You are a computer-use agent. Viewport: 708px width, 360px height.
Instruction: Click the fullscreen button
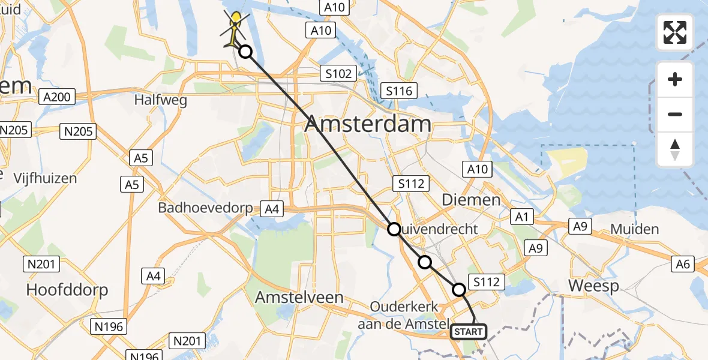675,32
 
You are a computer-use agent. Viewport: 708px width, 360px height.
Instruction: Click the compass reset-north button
675,149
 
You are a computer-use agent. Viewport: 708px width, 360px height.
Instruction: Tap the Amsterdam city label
367,124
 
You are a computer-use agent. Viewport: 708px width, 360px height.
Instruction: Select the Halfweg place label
160,100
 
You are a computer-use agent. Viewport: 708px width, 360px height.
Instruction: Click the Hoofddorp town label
67,290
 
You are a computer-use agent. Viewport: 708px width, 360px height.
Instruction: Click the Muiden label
634,229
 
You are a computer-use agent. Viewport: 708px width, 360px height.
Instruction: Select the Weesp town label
593,286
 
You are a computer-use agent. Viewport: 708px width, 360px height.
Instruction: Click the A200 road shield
57,97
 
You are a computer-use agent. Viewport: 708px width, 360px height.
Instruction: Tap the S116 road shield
399,91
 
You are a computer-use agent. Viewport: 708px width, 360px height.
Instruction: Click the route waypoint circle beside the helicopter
245,52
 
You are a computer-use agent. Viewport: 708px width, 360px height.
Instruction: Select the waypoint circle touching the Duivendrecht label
394,229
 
